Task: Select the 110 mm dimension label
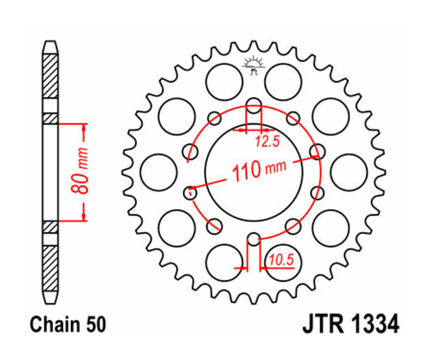[x=259, y=169]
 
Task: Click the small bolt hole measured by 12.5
[x=254, y=105]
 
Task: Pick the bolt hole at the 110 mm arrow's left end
[x=190, y=192]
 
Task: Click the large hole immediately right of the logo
[x=283, y=81]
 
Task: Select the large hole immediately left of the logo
[x=224, y=81]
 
